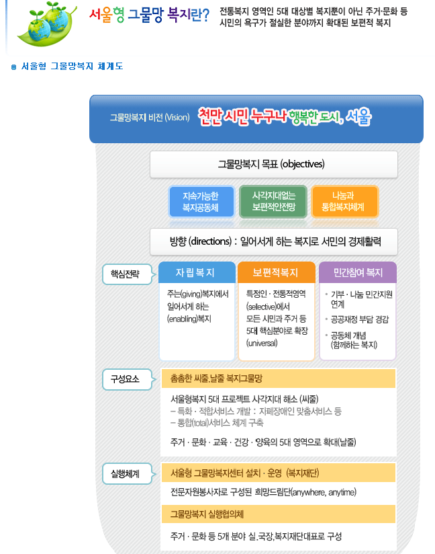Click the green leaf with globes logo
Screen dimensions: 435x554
pyautogui.click(x=47, y=24)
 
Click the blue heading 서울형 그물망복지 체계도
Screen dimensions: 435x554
pyautogui.click(x=72, y=66)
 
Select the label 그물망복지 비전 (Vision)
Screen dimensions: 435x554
pyautogui.click(x=150, y=117)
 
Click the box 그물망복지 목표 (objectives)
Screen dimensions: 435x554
pyautogui.click(x=274, y=164)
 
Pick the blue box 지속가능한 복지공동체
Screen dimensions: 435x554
pyautogui.click(x=201, y=202)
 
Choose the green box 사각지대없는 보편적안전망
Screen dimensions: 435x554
pyautogui.click(x=273, y=202)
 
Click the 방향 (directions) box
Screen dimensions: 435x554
pyautogui.click(x=274, y=241)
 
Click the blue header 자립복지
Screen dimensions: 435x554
pyautogui.click(x=197, y=272)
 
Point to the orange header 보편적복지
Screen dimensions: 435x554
pyautogui.click(x=277, y=272)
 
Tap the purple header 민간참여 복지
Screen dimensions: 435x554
pyautogui.click(x=358, y=272)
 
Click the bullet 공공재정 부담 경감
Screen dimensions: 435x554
pyautogui.click(x=359, y=319)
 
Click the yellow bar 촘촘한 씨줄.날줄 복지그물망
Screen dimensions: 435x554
pyautogui.click(x=279, y=379)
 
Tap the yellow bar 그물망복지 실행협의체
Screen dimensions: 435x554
pyautogui.click(x=279, y=514)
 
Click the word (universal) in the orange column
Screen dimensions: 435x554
pyautogui.click(x=262, y=343)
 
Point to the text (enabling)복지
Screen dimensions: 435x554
pyautogui.click(x=189, y=319)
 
